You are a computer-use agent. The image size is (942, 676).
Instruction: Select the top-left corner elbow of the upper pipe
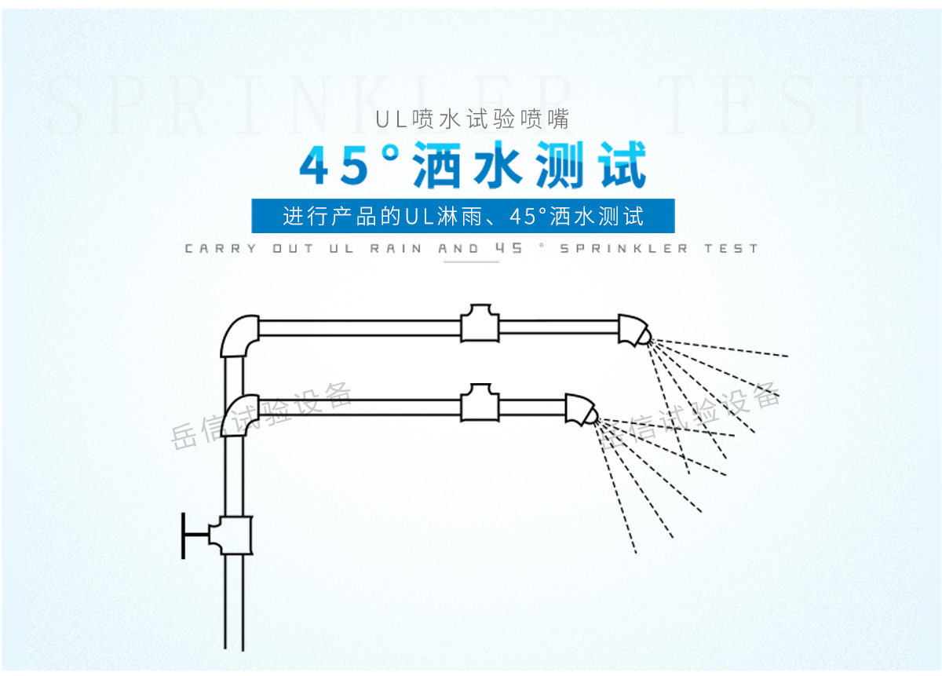pos(239,335)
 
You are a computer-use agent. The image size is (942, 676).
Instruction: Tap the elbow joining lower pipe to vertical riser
pos(239,415)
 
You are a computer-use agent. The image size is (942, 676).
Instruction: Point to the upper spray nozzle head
pos(633,331)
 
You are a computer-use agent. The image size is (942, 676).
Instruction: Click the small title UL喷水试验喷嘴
pos(471,120)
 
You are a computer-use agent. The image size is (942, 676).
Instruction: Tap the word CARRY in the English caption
pos(221,249)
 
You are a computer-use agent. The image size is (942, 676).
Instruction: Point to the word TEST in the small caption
pos(731,249)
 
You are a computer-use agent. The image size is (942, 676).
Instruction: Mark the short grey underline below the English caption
pos(471,261)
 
